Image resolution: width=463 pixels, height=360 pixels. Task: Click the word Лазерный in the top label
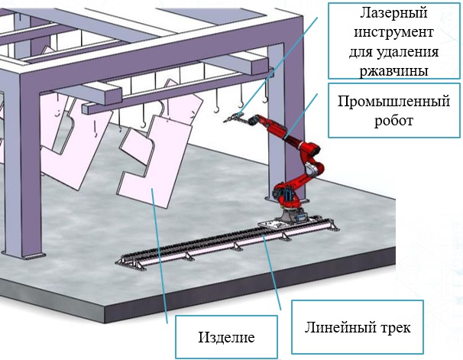tap(383, 14)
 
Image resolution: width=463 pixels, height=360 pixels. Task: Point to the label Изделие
tap(226, 336)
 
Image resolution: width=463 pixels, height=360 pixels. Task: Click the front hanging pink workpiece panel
tap(153, 183)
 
